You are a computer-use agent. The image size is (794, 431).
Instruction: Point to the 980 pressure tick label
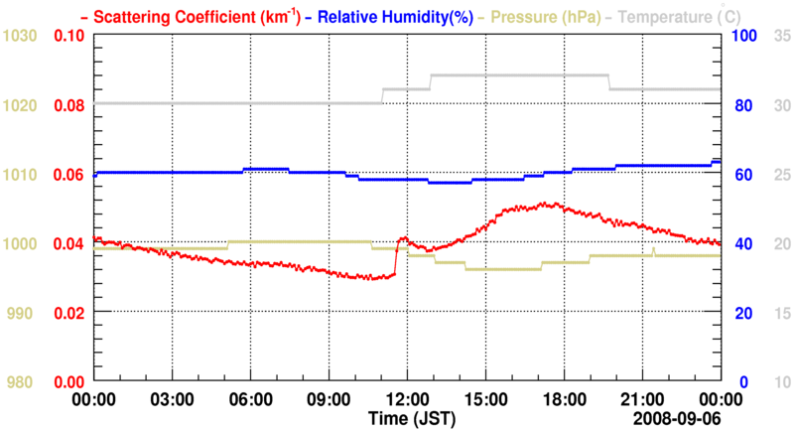[x=24, y=382]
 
